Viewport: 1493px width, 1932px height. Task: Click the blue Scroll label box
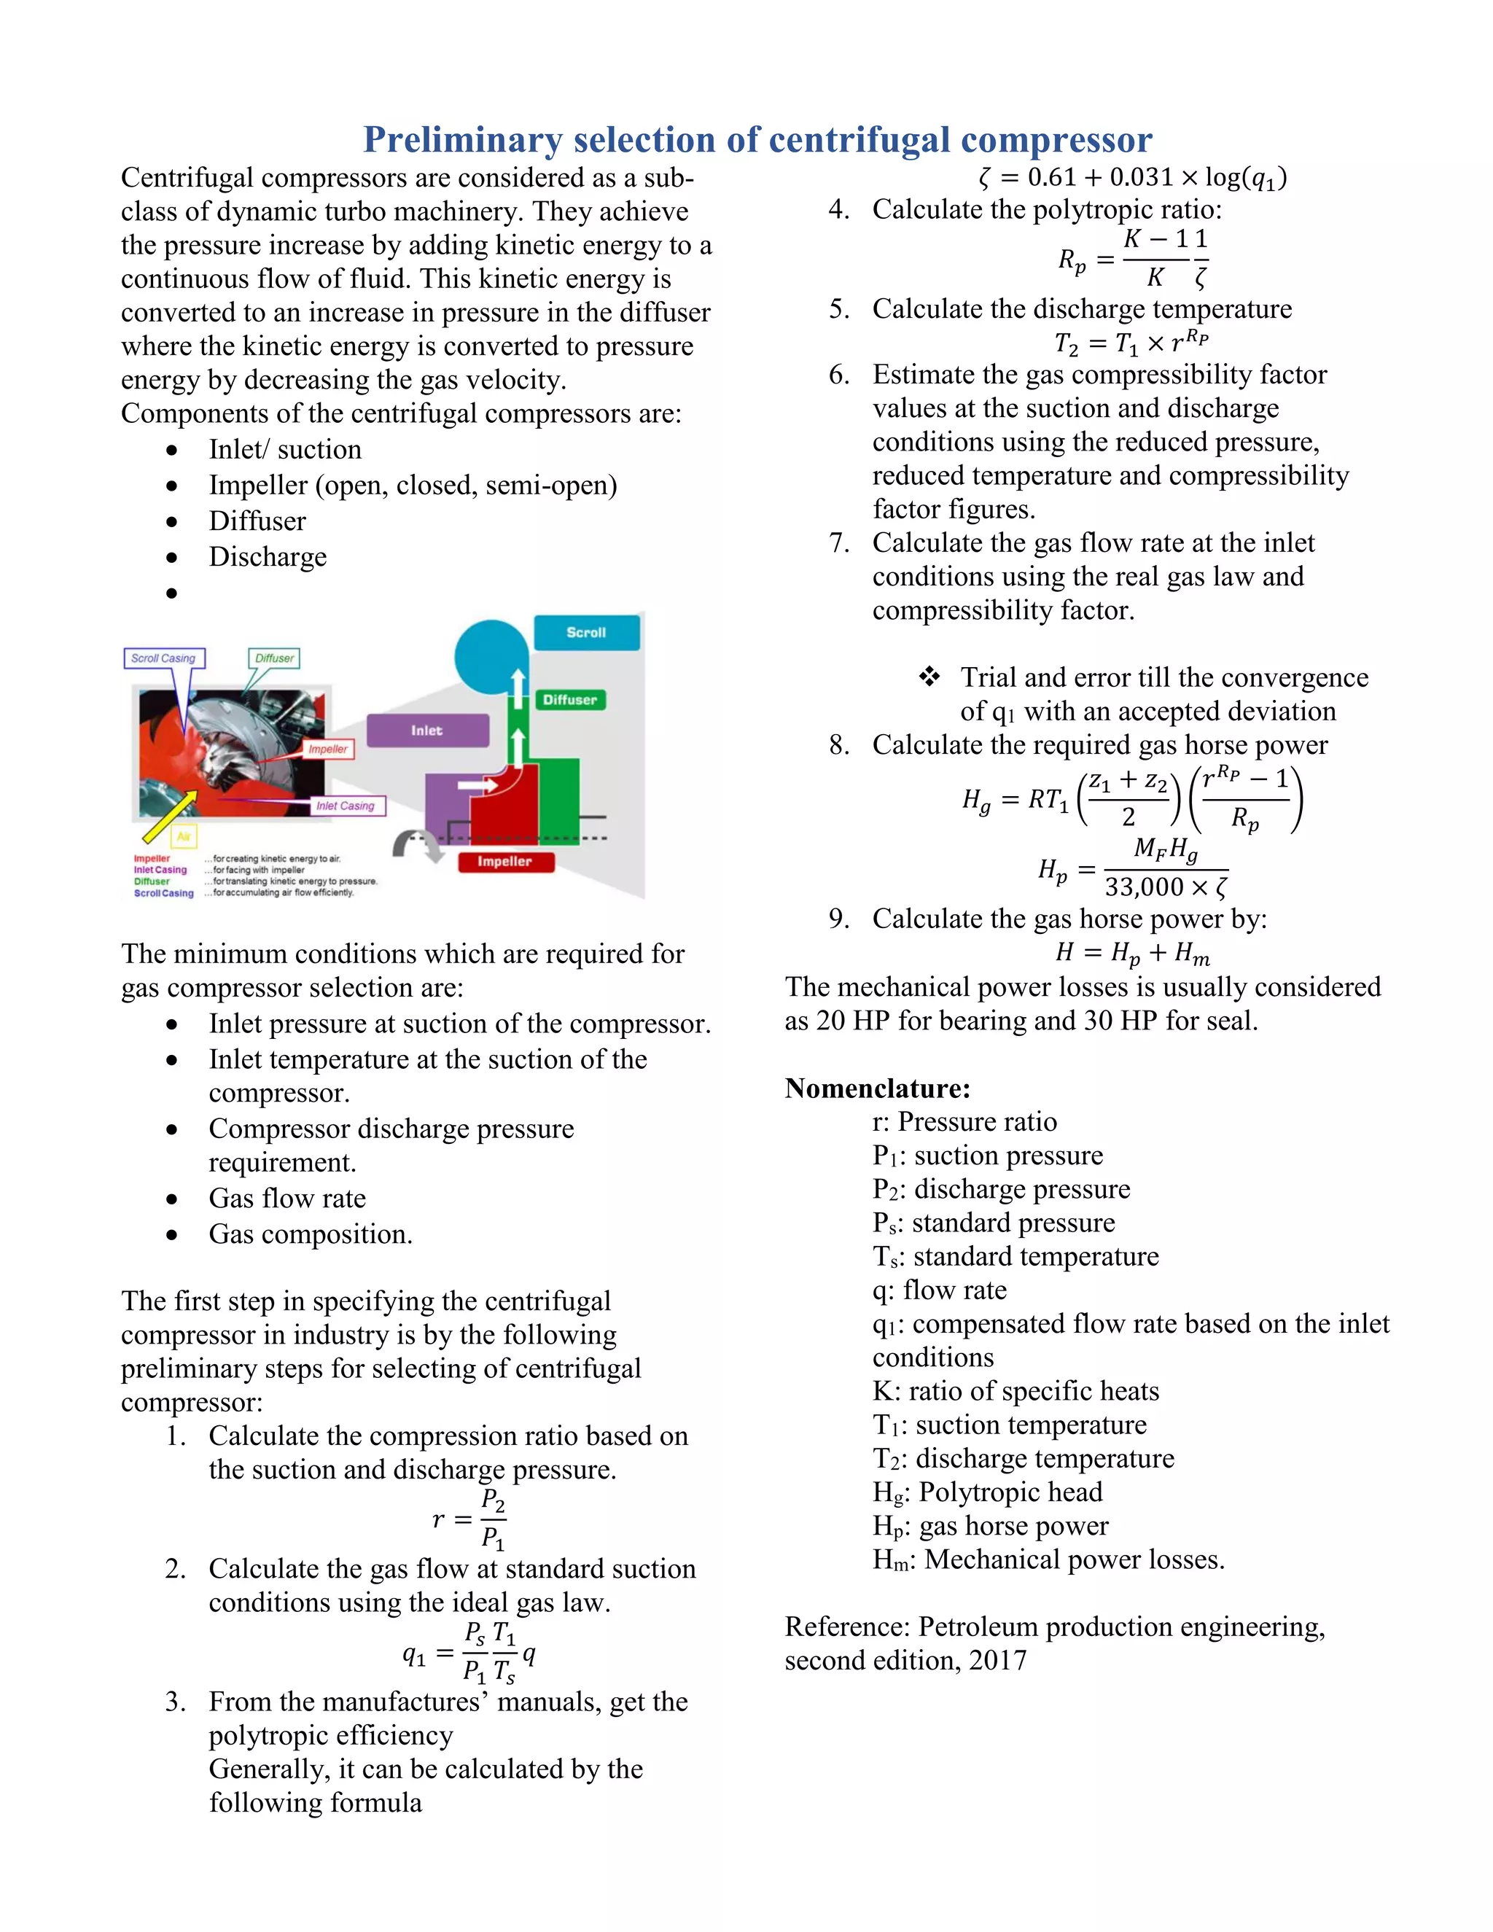(x=586, y=634)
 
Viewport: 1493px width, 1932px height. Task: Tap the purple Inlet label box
(x=427, y=731)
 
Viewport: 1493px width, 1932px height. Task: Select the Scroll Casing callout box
(x=163, y=658)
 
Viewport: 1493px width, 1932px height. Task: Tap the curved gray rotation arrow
(x=416, y=845)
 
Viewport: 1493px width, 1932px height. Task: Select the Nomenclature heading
(x=878, y=1088)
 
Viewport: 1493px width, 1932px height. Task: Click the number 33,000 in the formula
(x=1144, y=887)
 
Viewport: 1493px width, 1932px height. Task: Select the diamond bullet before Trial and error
(x=929, y=677)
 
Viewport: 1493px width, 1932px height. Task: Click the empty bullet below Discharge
(x=171, y=593)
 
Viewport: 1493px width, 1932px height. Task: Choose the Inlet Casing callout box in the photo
(x=346, y=806)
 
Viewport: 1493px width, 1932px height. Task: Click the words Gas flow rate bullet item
(x=286, y=1199)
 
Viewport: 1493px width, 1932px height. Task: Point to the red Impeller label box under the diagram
(x=505, y=862)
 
